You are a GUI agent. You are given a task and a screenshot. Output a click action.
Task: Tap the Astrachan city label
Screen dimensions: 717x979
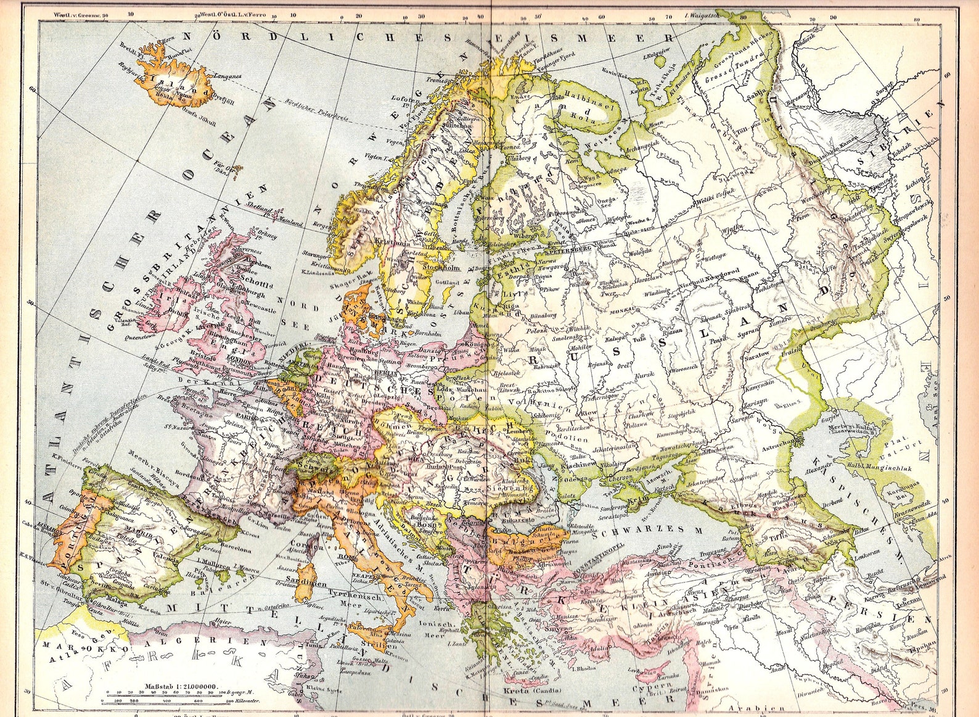[x=776, y=442]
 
